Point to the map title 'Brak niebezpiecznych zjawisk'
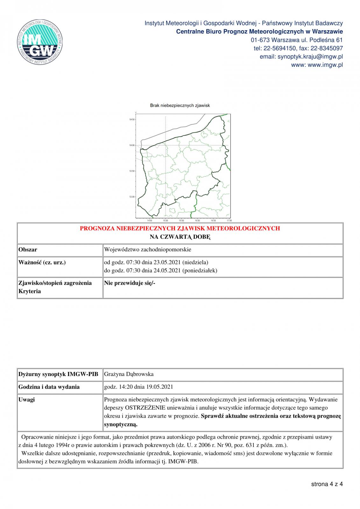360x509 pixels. tap(180, 105)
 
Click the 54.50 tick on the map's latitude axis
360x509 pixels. tap(132, 120)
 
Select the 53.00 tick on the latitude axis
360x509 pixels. tap(132, 197)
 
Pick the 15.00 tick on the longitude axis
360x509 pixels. tap(166, 220)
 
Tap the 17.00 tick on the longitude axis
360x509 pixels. tap(229, 220)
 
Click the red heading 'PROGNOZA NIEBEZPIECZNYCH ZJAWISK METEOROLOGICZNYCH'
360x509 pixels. tap(180, 228)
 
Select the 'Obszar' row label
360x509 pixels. tap(28, 250)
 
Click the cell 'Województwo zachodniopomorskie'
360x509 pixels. tap(148, 250)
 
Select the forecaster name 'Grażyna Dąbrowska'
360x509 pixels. tap(129, 374)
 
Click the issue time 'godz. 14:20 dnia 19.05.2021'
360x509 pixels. tap(138, 387)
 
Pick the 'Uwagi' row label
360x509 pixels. tap(27, 400)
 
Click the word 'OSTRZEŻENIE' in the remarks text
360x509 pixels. tap(145, 408)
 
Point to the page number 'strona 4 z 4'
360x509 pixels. tap(327, 484)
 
